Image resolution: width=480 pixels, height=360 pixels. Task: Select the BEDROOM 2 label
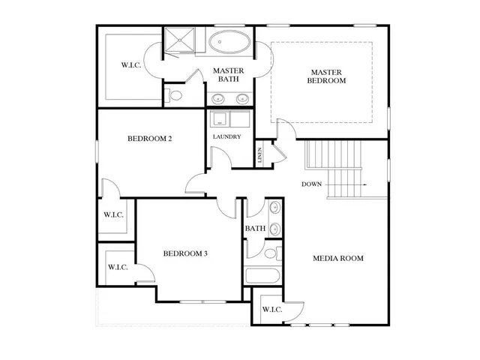(150, 139)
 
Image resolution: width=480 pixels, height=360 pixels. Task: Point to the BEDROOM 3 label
(185, 253)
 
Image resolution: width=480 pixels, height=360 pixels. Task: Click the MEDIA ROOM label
(337, 258)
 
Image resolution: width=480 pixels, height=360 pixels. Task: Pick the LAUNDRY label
(226, 136)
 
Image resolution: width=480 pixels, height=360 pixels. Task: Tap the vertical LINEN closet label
(260, 156)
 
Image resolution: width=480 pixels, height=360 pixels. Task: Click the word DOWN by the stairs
(312, 184)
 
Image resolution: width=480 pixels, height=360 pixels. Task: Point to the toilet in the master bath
(175, 95)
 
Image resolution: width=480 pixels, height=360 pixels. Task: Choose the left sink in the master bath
(218, 97)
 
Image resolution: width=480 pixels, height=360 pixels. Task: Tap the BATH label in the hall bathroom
(255, 229)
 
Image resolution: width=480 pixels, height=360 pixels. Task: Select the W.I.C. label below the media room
(271, 309)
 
